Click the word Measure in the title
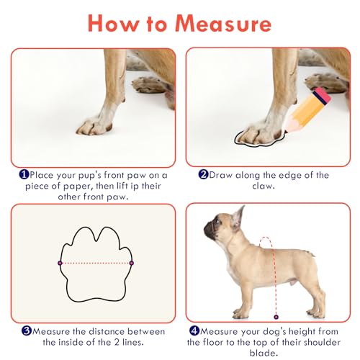(223, 24)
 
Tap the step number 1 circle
(24, 174)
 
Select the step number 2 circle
(203, 174)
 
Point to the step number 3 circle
(27, 330)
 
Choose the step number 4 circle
(194, 330)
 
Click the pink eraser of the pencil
(322, 96)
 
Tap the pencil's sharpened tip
(286, 131)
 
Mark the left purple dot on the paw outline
(60, 263)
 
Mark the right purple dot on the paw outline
(132, 263)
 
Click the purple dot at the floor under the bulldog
(276, 317)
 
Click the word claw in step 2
(263, 186)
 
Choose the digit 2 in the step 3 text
(117, 342)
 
